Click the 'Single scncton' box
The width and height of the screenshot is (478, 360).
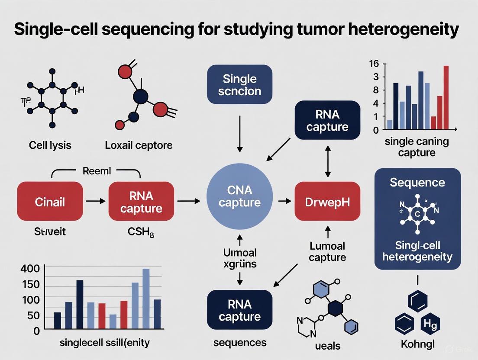(239, 85)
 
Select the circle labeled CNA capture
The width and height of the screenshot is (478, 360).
(239, 196)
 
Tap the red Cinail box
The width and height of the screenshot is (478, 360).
(50, 202)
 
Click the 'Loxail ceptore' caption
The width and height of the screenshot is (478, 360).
(139, 145)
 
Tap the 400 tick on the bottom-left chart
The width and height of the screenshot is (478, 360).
(30, 269)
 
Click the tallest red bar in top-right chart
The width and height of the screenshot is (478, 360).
(446, 97)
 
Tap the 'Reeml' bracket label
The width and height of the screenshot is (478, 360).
(96, 171)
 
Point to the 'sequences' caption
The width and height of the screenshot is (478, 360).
(240, 343)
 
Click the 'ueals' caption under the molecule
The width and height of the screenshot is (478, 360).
(328, 346)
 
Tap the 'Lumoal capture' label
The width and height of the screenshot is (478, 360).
(328, 252)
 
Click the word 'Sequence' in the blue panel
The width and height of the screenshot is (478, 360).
(417, 182)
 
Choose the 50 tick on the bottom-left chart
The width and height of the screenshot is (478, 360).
(33, 316)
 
